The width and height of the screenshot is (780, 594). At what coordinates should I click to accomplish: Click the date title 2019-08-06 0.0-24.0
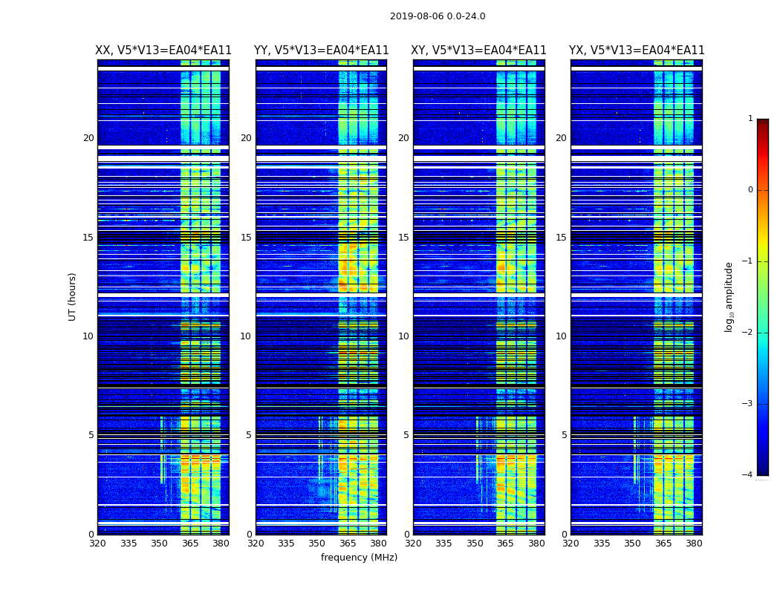pos(438,16)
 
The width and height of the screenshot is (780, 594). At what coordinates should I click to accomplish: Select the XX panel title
pos(163,50)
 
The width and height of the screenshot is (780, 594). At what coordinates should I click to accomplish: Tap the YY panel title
pos(322,50)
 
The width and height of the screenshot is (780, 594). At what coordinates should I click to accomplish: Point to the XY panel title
pos(479,50)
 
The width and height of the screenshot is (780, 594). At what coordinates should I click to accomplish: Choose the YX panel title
pos(637,50)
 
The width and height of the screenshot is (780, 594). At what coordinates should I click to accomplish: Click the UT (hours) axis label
pos(73,296)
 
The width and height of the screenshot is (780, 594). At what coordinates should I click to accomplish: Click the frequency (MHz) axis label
pos(359,558)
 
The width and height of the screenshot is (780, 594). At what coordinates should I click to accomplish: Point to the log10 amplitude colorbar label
pos(729,296)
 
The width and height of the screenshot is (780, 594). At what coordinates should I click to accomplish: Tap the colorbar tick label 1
pos(750,119)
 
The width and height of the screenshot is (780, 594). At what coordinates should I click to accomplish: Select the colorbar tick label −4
pos(748,475)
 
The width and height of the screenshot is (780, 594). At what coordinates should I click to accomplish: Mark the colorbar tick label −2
pos(748,333)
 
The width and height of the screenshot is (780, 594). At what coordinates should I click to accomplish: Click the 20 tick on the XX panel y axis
pos(88,138)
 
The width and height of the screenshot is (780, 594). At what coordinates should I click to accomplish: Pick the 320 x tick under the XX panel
pos(97,544)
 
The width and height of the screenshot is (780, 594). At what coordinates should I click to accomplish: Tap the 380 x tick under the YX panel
pos(694,544)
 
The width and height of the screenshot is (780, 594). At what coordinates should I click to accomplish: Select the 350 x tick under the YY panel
pos(317,544)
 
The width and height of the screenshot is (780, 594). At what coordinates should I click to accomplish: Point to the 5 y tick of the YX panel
pos(564,435)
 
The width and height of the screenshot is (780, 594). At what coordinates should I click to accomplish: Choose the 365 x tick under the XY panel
pos(506,544)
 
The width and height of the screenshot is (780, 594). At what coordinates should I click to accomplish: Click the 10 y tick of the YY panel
pos(246,336)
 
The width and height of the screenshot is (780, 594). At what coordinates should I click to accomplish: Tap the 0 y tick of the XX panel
pos(91,535)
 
